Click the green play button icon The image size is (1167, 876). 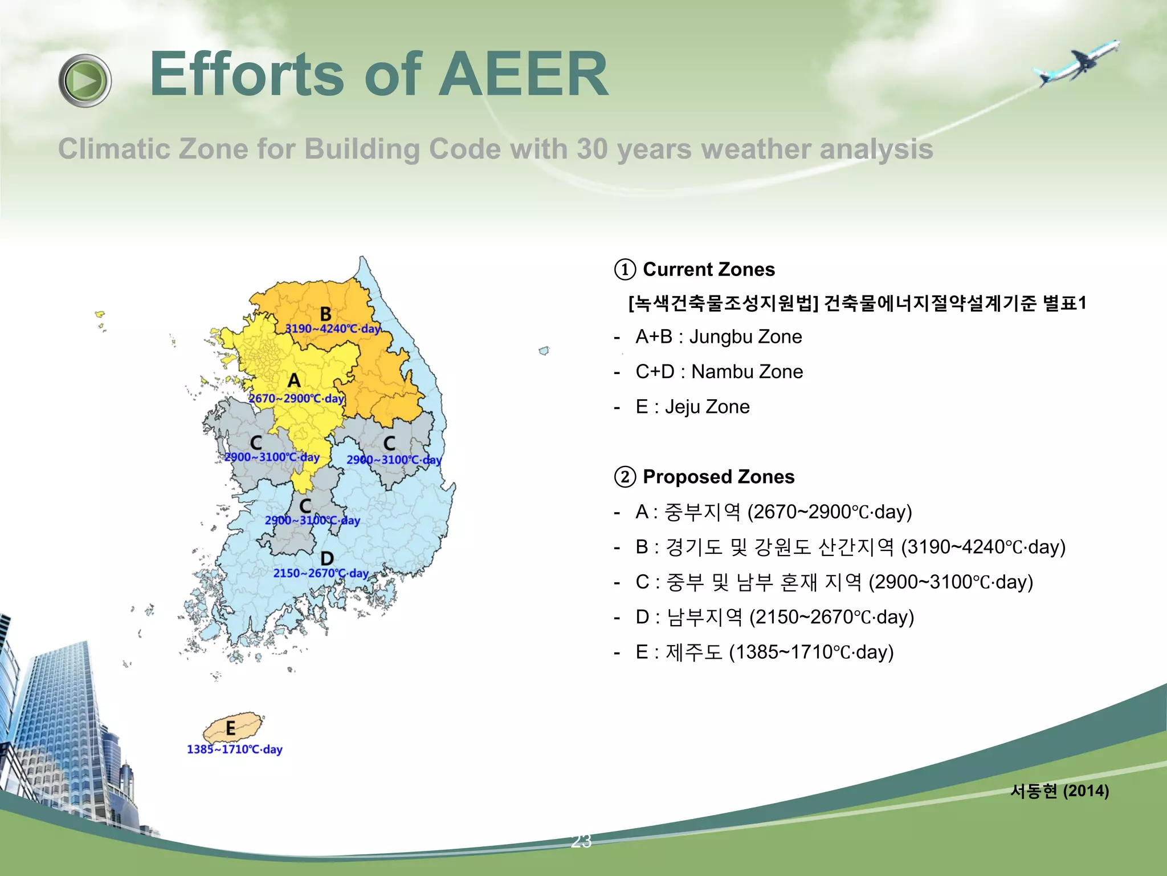coord(85,81)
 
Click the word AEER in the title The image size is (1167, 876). coord(523,74)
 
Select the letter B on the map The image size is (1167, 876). coord(325,314)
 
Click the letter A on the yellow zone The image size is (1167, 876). coord(293,380)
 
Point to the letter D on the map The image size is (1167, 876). coord(327,558)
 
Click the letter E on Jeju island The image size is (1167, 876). coord(230,728)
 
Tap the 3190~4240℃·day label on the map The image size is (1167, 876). coord(333,329)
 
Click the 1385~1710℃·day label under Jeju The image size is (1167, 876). coord(234,749)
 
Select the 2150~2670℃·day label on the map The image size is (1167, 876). coord(321,573)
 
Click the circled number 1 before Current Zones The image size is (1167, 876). coord(625,270)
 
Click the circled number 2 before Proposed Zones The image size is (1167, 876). coord(625,477)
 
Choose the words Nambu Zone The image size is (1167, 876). coord(746,372)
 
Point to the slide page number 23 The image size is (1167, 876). coord(581,841)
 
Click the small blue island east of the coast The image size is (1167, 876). coord(544,350)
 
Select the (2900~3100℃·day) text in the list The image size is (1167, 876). coord(950,582)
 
